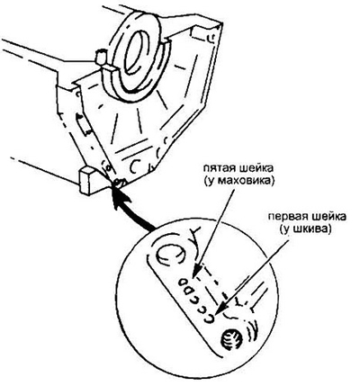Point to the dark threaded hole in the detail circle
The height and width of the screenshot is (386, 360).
pyautogui.click(x=231, y=339)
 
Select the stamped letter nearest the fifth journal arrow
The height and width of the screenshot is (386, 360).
pyautogui.click(x=182, y=282)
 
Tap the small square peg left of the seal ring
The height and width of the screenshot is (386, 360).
pyautogui.click(x=101, y=58)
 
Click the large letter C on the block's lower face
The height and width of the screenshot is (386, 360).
pyautogui.click(x=134, y=166)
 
